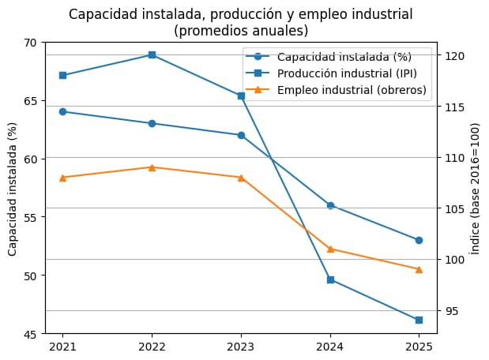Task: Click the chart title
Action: tap(240, 22)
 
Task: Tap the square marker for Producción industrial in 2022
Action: tap(152, 54)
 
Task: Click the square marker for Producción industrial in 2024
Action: tap(330, 279)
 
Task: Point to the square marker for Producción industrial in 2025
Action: tap(419, 320)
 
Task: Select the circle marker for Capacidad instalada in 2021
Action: tap(62, 111)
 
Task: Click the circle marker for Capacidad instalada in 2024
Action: tap(330, 205)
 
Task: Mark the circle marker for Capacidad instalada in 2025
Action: tap(419, 240)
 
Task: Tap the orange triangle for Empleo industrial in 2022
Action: tap(152, 167)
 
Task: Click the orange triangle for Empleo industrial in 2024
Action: tap(330, 249)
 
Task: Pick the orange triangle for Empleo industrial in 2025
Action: tap(419, 269)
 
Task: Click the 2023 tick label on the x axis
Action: tap(241, 346)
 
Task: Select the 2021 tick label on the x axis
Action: tap(62, 346)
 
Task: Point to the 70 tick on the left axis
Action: tap(32, 42)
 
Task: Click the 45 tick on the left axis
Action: tap(32, 334)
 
